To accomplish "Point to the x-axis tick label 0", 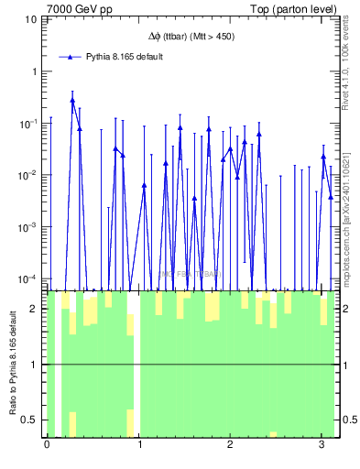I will pos(47,446).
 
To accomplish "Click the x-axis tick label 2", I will pos(231,446).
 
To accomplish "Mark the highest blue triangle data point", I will pos(72,101).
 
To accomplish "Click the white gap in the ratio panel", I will pos(136,366).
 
